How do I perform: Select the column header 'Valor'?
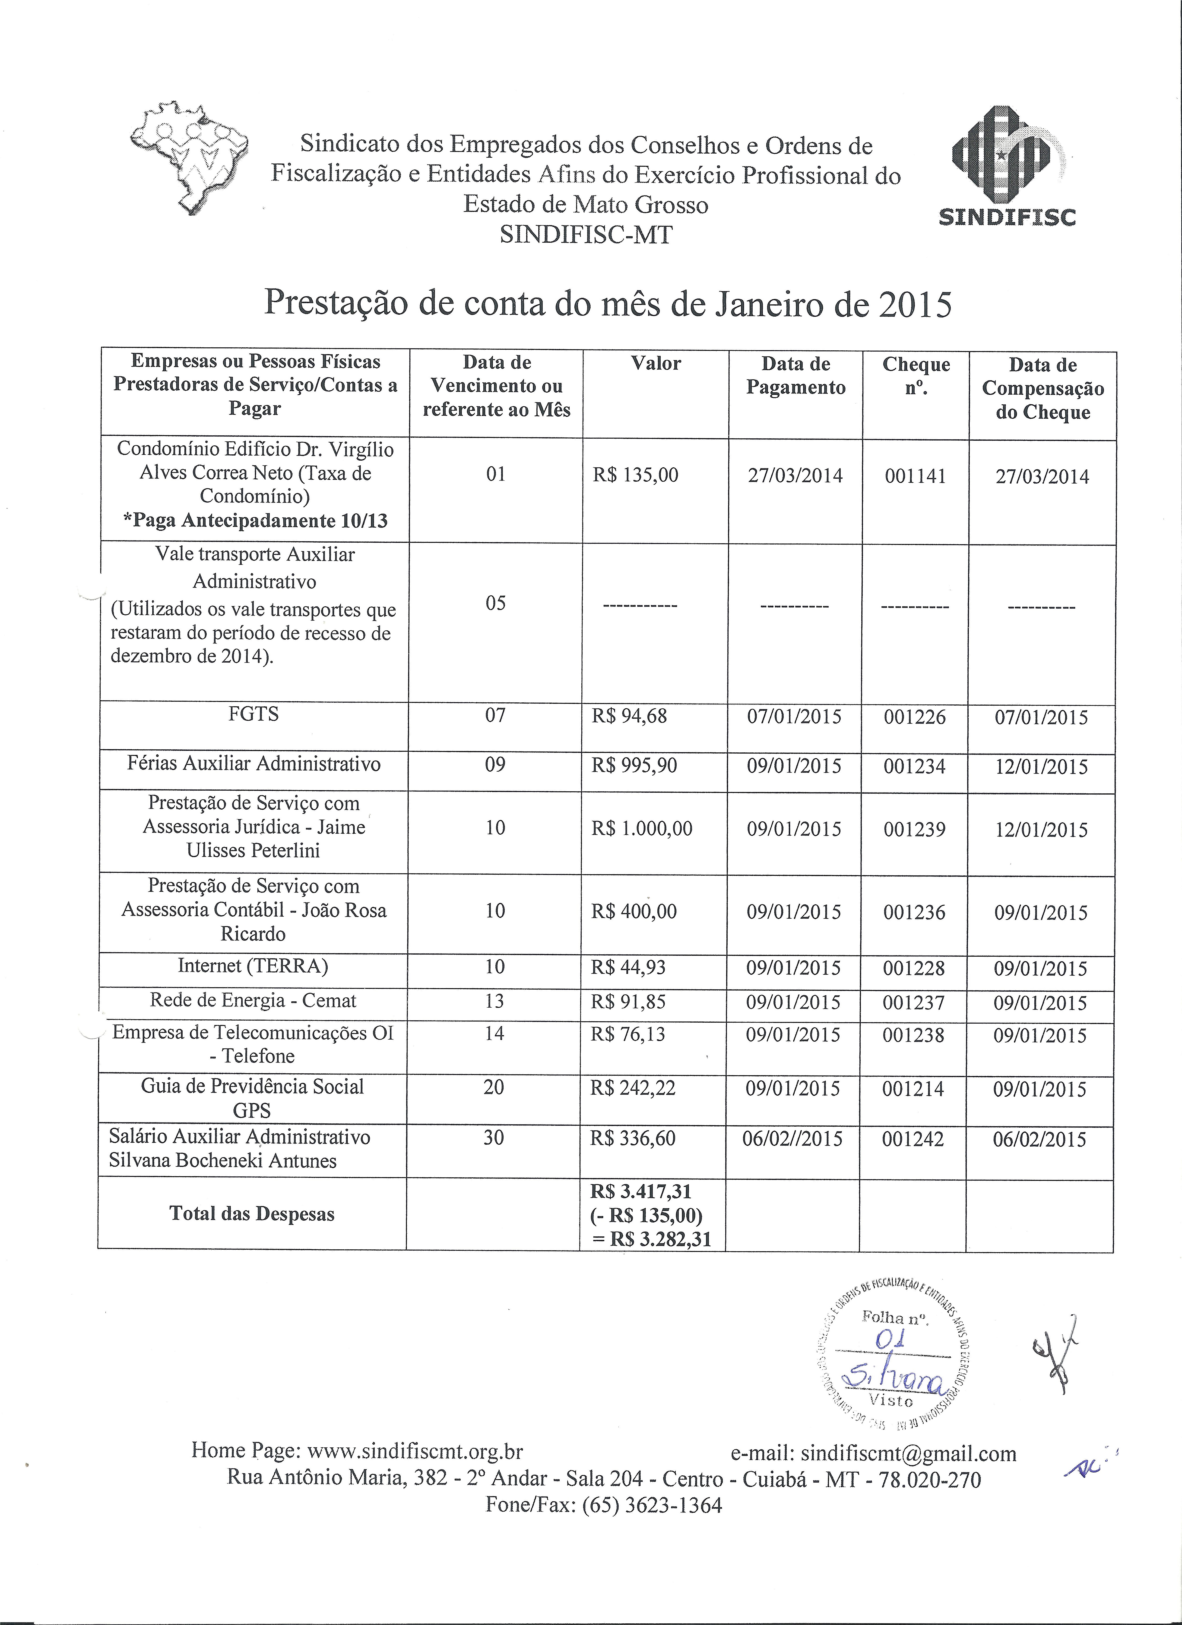pyautogui.click(x=655, y=363)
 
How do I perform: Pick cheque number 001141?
pyautogui.click(x=915, y=476)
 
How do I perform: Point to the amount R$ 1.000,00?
pyautogui.click(x=642, y=829)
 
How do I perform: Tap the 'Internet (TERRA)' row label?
pyautogui.click(x=253, y=967)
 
